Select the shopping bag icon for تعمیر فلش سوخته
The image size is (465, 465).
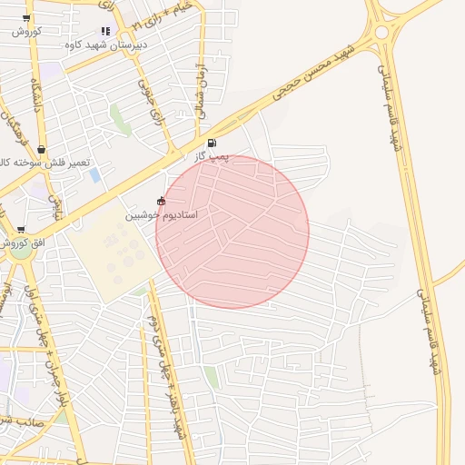[41, 150]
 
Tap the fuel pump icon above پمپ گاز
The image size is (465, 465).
[212, 143]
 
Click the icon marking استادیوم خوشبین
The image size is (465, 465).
[162, 201]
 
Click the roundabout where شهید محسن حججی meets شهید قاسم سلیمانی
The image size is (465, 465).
[381, 33]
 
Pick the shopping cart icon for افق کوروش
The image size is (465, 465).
[21, 230]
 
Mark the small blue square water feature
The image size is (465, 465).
[95, 175]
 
